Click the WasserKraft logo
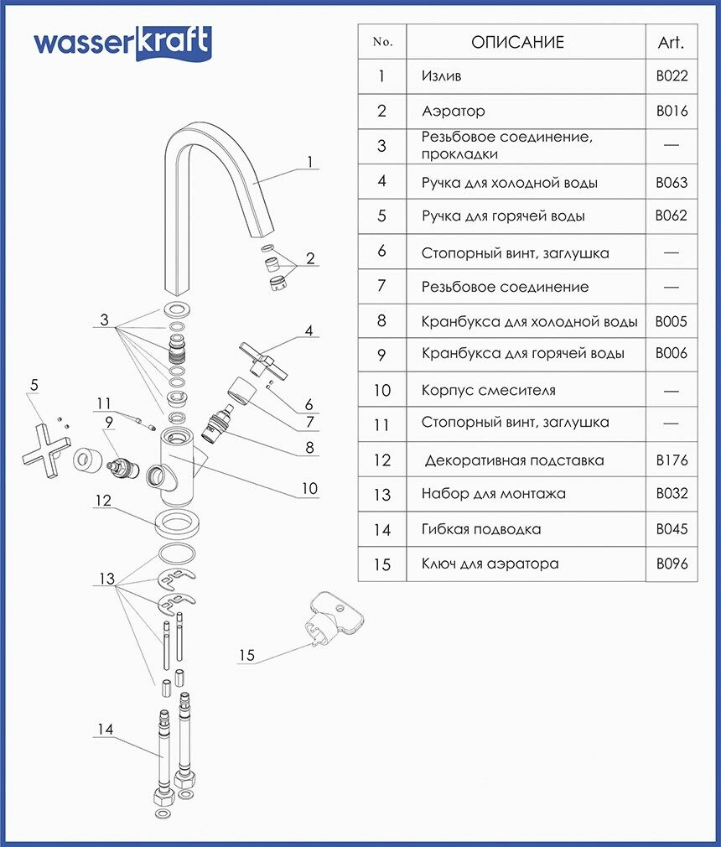122,43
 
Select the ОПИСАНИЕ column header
517,42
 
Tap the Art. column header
672,42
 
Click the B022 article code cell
672,76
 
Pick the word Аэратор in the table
454,111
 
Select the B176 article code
672,460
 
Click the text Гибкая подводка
481,529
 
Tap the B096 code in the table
672,564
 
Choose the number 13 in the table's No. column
382,494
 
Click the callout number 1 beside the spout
309,162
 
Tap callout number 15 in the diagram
246,655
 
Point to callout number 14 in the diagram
104,730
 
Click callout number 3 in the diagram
104,320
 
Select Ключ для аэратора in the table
490,564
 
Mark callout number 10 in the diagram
310,488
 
